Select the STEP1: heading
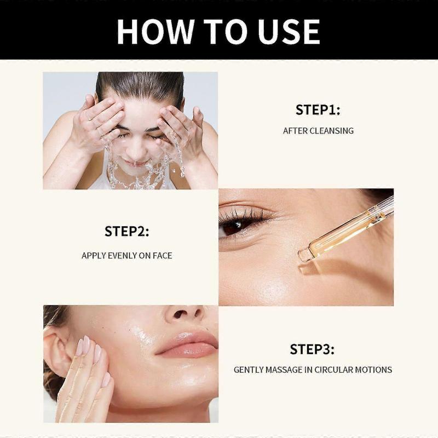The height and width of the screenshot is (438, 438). click(318, 109)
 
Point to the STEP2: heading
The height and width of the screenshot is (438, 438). click(126, 232)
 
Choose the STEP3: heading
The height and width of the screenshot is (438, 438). click(312, 349)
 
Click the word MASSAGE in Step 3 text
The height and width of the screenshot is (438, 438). click(280, 370)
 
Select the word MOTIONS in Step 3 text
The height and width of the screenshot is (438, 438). click(375, 370)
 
